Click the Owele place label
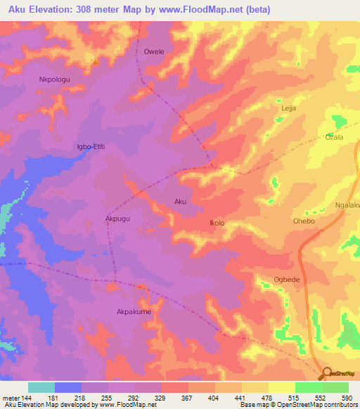coord(153,52)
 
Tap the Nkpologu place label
coord(56,79)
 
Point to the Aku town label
coord(181,202)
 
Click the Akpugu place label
coord(118,219)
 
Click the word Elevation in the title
coord(58,9)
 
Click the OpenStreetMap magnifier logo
coord(327,372)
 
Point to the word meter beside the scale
coord(12,398)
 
